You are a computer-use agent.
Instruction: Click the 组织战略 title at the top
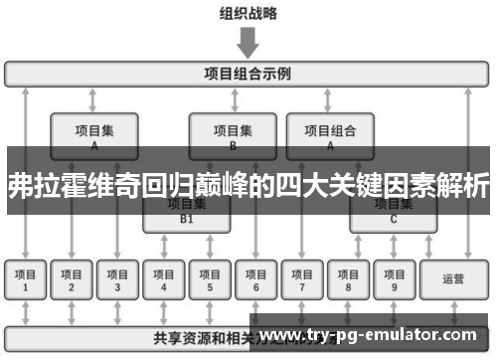(248, 14)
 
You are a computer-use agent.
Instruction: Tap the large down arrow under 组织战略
(248, 43)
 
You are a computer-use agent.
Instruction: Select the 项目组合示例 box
(248, 74)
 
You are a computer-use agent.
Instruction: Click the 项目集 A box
(93, 135)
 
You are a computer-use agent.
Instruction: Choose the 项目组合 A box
(330, 135)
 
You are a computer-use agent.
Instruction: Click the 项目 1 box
(25, 280)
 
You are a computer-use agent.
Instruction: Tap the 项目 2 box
(71, 280)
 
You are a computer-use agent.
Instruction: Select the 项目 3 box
(117, 280)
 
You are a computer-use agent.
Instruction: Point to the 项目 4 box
(163, 280)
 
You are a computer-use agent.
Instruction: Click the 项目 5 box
(209, 280)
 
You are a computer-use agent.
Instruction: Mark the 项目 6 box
(254, 280)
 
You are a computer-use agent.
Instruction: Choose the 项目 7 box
(301, 280)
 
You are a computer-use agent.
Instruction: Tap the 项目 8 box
(347, 280)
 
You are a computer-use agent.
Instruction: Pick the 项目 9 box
(393, 280)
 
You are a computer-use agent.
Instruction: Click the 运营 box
(453, 280)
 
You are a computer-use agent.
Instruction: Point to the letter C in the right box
(393, 218)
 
